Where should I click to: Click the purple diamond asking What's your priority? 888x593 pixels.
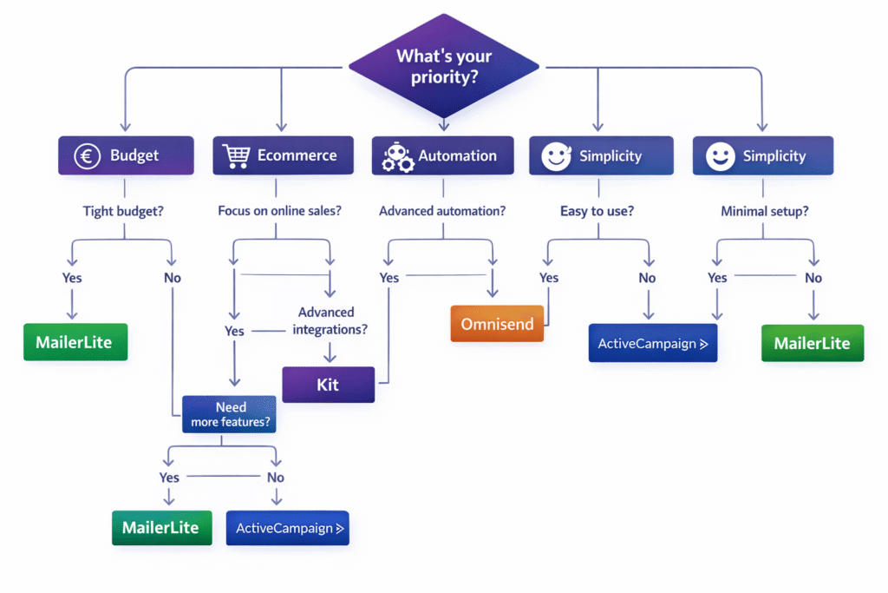(x=443, y=67)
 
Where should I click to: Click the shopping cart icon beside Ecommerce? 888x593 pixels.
(x=237, y=156)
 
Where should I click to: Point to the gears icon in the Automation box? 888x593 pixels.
(x=398, y=157)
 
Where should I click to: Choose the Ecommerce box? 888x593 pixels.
(x=283, y=156)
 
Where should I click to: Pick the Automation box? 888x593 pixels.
(x=442, y=156)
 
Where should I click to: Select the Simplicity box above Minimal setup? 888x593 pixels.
(x=762, y=156)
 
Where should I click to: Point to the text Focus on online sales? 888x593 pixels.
(x=279, y=211)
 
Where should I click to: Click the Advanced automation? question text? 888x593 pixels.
(x=442, y=211)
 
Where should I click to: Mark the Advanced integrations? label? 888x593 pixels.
(x=330, y=321)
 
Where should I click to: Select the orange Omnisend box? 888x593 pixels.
(x=497, y=324)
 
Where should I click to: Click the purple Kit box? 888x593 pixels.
(x=328, y=385)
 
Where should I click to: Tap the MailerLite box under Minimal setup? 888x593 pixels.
(x=812, y=343)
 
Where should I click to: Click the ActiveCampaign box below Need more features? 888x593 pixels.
(x=287, y=528)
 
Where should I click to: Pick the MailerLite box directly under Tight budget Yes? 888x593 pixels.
(x=74, y=342)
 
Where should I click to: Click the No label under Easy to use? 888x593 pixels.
(x=647, y=278)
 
